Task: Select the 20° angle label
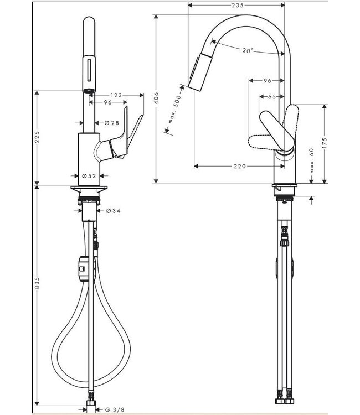(x=247, y=50)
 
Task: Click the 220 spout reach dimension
(x=239, y=165)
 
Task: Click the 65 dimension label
(x=271, y=97)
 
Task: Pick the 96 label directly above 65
(x=266, y=81)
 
